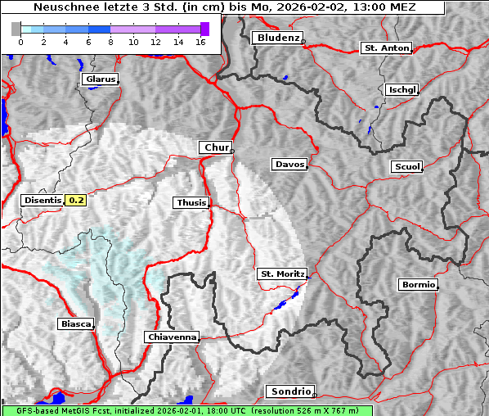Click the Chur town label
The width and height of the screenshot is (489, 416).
(216, 147)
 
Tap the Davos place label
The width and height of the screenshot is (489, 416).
(289, 165)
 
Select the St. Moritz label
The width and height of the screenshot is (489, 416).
(281, 274)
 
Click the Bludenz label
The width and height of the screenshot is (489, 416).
(277, 38)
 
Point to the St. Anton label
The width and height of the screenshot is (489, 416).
(386, 48)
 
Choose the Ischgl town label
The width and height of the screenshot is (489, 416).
(402, 89)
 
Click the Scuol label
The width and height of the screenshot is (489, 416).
(406, 166)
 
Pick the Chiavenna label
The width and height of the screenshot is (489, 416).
(172, 337)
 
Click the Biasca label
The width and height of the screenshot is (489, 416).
(76, 324)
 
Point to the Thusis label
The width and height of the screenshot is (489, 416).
(191, 202)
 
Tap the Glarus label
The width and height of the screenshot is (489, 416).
(99, 79)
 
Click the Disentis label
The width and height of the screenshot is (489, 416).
(42, 200)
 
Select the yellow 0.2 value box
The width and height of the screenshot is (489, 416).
(76, 200)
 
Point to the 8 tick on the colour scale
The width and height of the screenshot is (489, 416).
(110, 42)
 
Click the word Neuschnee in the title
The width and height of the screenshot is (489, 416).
(62, 7)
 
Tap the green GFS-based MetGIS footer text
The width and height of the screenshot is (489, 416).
(186, 410)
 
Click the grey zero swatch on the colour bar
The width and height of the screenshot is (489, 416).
(16, 29)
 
